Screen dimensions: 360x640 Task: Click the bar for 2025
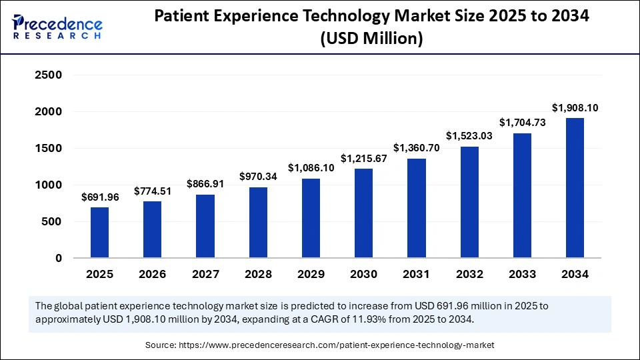99,232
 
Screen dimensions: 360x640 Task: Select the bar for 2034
575,188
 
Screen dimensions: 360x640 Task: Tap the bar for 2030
363,213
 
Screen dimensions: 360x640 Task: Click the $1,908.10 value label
575,107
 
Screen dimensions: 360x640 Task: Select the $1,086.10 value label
311,168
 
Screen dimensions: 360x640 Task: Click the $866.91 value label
205,184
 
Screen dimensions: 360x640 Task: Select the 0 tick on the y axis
58,258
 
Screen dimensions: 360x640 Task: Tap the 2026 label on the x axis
152,274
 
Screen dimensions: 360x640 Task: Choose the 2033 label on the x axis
522,274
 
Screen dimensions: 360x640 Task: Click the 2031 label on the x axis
416,274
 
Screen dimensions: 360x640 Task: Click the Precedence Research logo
57,27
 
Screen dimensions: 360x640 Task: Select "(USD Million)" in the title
371,40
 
